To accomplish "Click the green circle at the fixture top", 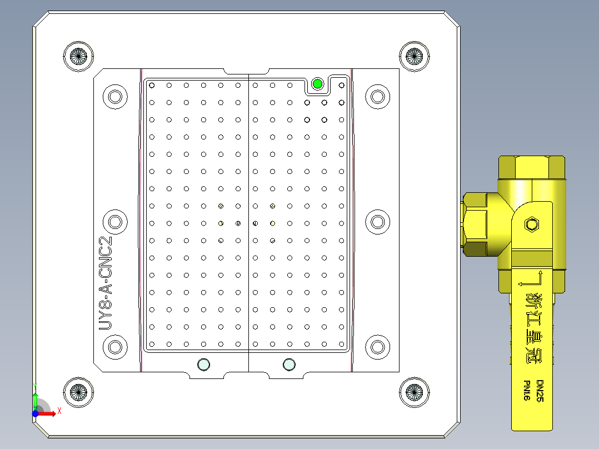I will click(317, 84).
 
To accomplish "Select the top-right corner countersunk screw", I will click(415, 55).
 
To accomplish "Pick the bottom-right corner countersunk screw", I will click(415, 392).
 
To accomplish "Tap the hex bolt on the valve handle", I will click(532, 225).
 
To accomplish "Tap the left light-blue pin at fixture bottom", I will click(204, 365).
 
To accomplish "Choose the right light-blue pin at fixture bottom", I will click(289, 365).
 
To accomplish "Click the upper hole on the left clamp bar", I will click(116, 97).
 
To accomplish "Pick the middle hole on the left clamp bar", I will click(116, 222).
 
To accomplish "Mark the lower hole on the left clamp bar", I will click(116, 347).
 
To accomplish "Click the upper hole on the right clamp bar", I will click(378, 97).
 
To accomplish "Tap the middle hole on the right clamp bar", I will click(378, 222).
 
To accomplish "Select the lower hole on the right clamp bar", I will click(378, 347).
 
